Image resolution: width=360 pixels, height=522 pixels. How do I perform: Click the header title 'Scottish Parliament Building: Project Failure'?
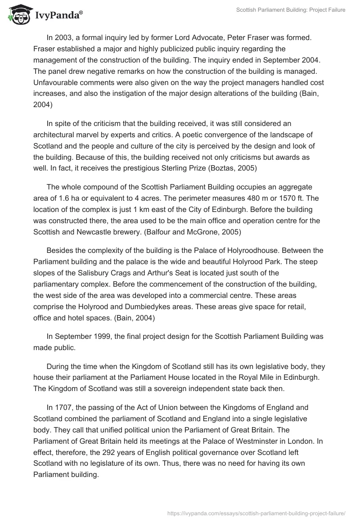[x=291, y=10]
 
